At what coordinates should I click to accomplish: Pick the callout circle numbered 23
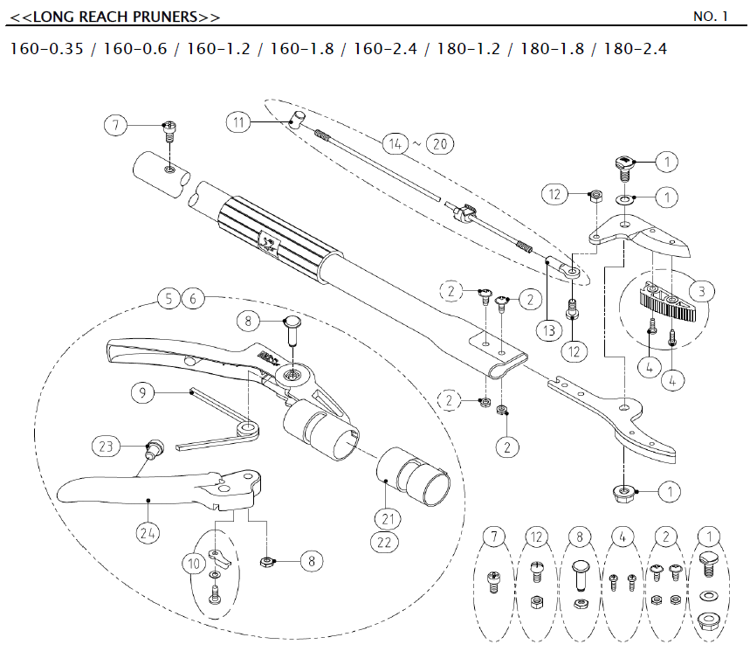pos(106,447)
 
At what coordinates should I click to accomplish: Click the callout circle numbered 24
pos(148,529)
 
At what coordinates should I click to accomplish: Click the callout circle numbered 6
pos(194,299)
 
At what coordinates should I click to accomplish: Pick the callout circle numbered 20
pos(441,143)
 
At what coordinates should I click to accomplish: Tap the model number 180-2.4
pos(630,49)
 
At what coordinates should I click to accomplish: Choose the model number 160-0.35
pos(46,49)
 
